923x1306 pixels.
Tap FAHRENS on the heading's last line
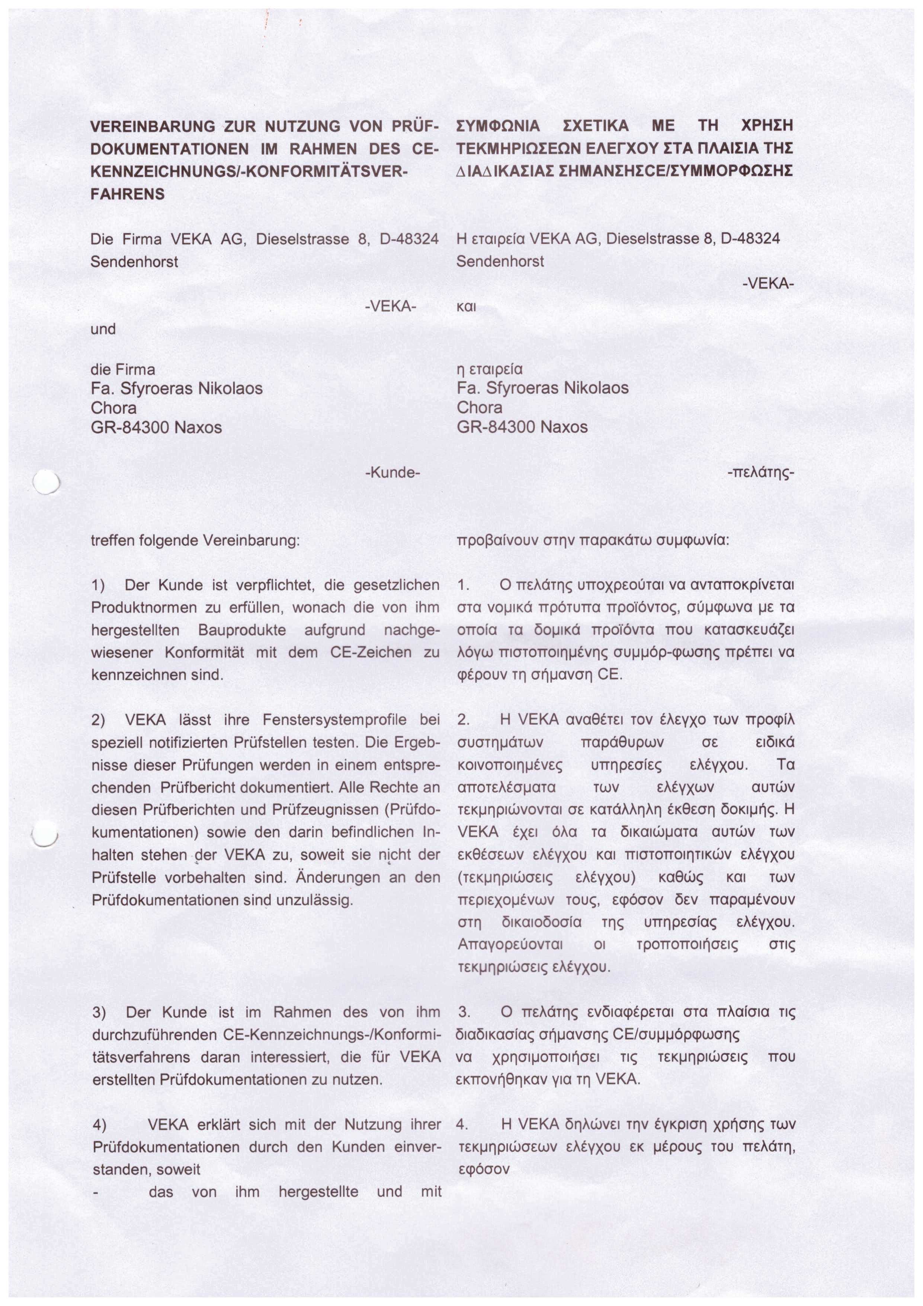pyautogui.click(x=127, y=194)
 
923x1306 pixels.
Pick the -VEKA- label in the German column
pyautogui.click(x=390, y=306)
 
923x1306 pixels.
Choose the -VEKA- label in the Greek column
pyautogui.click(x=767, y=284)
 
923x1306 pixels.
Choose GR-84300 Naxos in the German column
pyautogui.click(x=156, y=427)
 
